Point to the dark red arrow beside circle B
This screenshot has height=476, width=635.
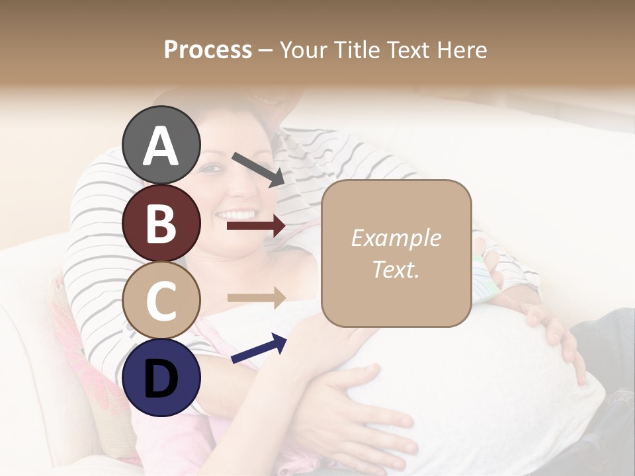(x=256, y=226)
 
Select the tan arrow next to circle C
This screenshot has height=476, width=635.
(x=256, y=297)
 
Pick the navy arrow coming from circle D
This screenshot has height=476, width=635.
(x=259, y=348)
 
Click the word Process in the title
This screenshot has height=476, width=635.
(x=208, y=50)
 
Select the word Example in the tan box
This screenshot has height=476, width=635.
(x=396, y=238)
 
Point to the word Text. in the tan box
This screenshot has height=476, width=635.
(x=396, y=270)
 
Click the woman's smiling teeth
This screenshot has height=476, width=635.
(x=237, y=215)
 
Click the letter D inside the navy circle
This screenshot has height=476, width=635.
(x=161, y=379)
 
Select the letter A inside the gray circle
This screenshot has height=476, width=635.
(x=161, y=147)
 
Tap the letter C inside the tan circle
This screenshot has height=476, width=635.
(x=161, y=301)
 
